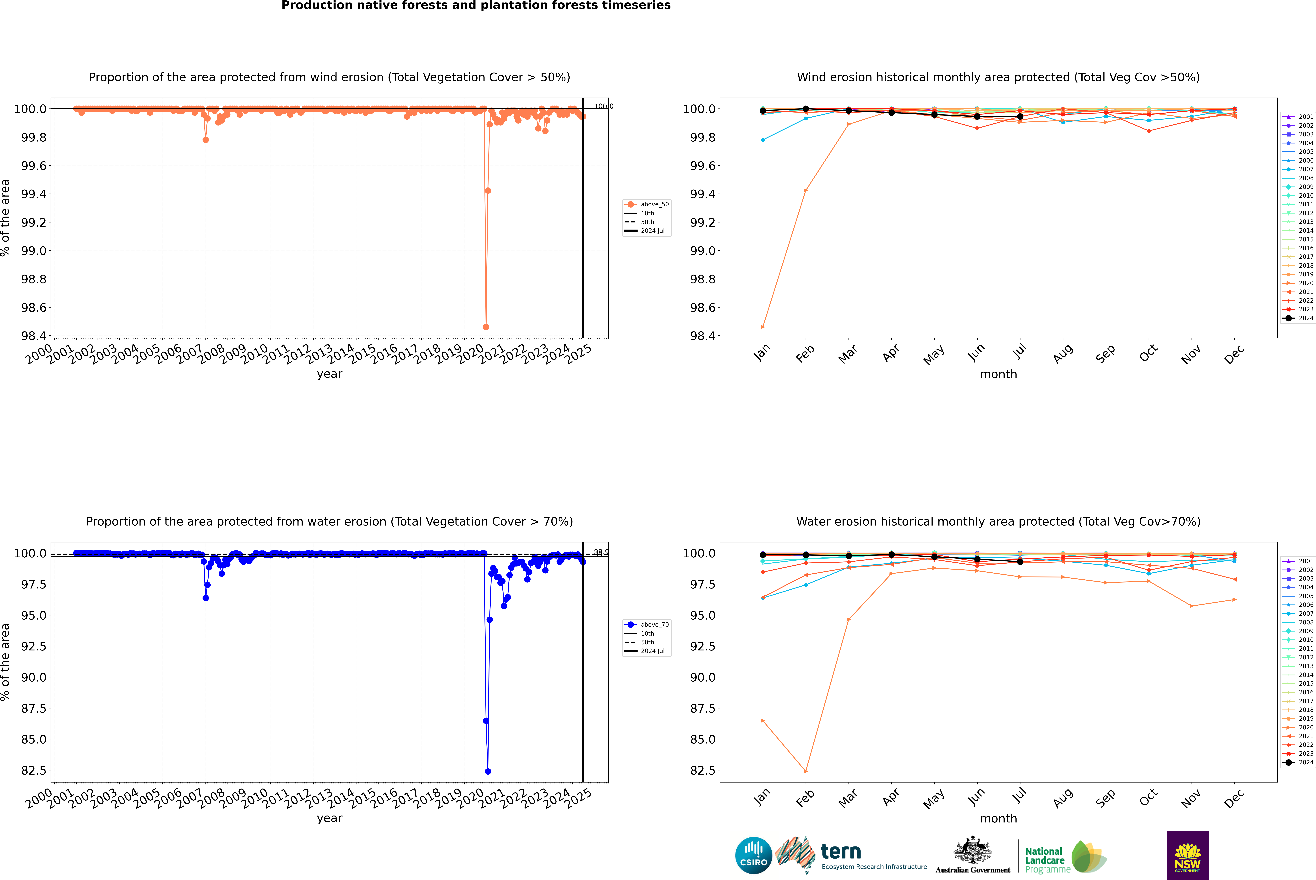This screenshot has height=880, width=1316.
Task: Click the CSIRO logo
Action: pyautogui.click(x=753, y=855)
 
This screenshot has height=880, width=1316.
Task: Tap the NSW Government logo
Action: pyautogui.click(x=1188, y=855)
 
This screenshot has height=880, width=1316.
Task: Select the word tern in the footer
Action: pyautogui.click(x=840, y=851)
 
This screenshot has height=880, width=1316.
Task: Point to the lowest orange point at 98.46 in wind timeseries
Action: pyautogui.click(x=486, y=327)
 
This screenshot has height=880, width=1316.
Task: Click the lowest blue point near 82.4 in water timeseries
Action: pyautogui.click(x=488, y=771)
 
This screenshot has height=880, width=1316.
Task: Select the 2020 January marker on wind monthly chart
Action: pyautogui.click(x=763, y=327)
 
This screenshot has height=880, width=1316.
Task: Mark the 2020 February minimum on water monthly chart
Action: pyautogui.click(x=805, y=771)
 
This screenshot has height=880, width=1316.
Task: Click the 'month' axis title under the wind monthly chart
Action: pyautogui.click(x=998, y=374)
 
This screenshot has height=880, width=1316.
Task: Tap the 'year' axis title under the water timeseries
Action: pyautogui.click(x=329, y=818)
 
